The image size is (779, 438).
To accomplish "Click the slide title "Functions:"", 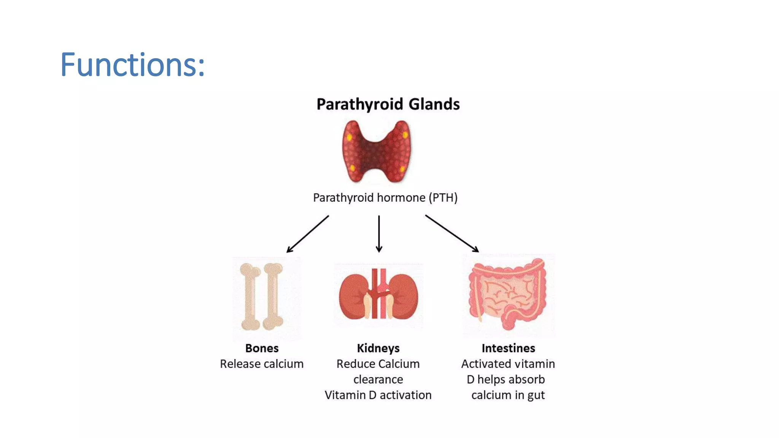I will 132,65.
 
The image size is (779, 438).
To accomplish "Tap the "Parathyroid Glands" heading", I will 388,104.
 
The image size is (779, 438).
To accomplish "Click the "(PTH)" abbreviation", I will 443,198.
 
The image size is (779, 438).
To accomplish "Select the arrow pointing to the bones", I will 307,234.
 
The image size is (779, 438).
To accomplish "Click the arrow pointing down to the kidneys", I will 379,233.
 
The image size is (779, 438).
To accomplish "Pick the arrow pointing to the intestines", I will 452,233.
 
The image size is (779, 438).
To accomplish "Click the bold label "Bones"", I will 262,348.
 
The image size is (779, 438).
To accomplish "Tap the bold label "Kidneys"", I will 378,348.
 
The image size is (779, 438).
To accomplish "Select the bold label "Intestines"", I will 508,348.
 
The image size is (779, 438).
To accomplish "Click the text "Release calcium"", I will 262,364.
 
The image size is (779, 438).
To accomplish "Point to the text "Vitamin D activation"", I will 378,395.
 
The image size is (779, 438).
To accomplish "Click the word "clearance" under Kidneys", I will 378,379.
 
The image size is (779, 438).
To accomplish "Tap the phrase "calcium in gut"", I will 508,395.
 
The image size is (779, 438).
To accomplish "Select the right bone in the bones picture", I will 273,297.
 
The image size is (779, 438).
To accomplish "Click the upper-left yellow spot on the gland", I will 349,137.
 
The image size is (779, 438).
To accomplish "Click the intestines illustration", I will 508,295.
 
